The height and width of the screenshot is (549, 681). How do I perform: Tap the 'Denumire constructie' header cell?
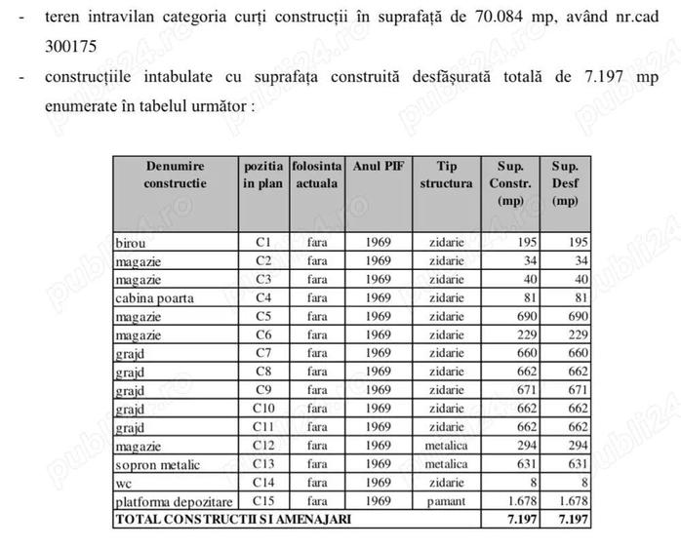[x=176, y=175]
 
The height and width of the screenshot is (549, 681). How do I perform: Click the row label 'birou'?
[x=131, y=243]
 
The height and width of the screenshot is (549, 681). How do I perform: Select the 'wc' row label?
[x=123, y=483]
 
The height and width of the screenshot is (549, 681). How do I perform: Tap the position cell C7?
[x=263, y=353]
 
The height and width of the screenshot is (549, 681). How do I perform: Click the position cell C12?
[x=263, y=446]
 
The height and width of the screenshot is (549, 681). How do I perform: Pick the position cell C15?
[x=263, y=501]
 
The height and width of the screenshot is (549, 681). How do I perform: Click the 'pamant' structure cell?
[x=447, y=501]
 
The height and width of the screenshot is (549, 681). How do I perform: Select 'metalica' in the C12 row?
[x=447, y=446]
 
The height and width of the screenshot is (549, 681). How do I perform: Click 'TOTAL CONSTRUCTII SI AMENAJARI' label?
[x=233, y=520]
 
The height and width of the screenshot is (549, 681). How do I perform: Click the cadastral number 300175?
[x=69, y=44]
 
